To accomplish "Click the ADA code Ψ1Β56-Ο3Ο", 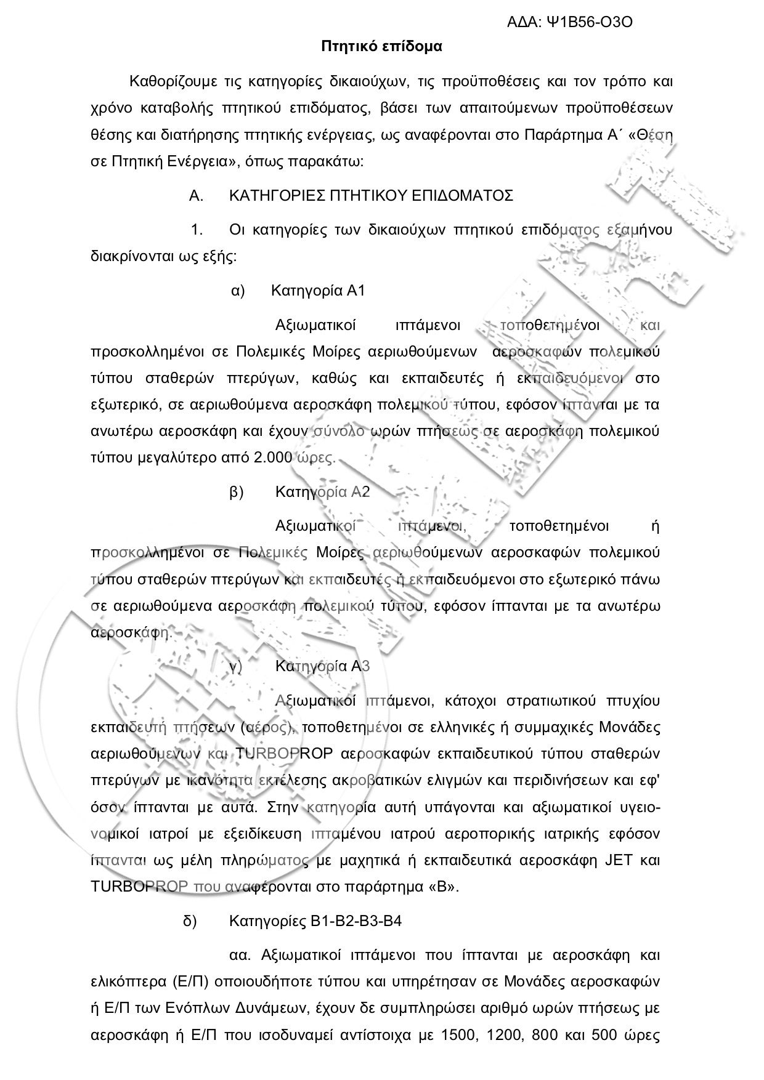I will point(590,23).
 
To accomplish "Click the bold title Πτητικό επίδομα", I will point(382,46).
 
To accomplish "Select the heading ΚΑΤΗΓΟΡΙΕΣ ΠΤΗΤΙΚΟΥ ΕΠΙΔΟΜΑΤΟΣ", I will point(371,196).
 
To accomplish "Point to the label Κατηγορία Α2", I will point(322,492).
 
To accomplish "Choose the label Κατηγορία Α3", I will point(322,666).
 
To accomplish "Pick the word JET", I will point(616,860).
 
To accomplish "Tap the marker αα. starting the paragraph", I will point(238,956).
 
